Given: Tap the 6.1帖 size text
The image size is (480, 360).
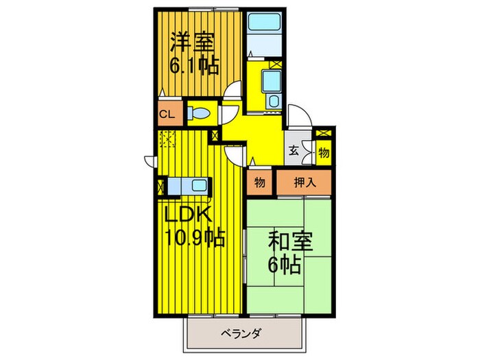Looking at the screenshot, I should pyautogui.click(x=194, y=66).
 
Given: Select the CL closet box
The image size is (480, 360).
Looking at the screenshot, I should pyautogui.click(x=166, y=115).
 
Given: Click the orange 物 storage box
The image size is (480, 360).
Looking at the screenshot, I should pyautogui.click(x=260, y=183).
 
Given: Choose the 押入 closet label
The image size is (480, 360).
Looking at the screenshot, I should pyautogui.click(x=303, y=183).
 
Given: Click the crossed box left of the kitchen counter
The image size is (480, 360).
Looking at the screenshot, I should pyautogui.click(x=162, y=185).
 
